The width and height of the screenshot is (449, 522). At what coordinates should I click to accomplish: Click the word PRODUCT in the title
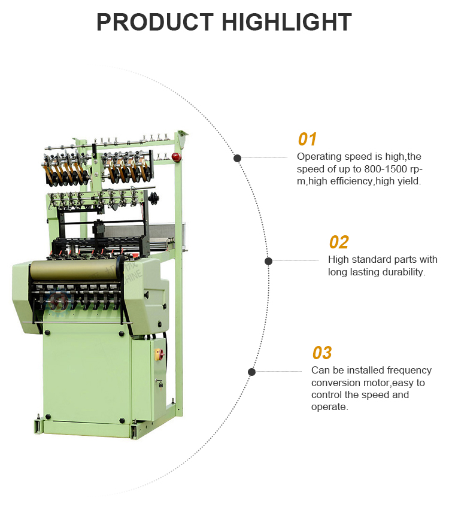[x=154, y=22]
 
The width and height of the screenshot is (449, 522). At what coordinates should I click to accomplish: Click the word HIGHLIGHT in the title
[x=286, y=22]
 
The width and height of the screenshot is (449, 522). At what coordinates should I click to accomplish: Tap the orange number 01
[x=307, y=139]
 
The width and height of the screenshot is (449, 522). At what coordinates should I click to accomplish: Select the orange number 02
[x=338, y=242]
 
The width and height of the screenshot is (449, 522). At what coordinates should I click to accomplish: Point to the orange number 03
[x=321, y=353]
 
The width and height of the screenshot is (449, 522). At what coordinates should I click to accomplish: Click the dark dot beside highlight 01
[x=237, y=158]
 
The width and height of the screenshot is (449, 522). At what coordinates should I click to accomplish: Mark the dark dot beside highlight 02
[x=268, y=261]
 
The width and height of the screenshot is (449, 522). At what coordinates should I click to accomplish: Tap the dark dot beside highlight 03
[x=251, y=372]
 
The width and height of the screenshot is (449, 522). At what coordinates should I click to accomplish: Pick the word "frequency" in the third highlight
[x=409, y=371]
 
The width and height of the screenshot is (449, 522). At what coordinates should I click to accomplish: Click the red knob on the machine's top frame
[x=176, y=157]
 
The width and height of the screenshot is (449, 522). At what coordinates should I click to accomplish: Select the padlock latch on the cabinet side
[x=160, y=384]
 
